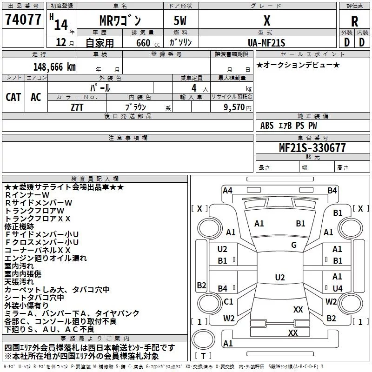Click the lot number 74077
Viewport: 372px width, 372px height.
[x=23, y=20]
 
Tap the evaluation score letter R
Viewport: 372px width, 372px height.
[x=354, y=21]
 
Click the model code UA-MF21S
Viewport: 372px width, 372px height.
[x=266, y=42]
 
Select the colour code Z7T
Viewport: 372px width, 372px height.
[x=77, y=106]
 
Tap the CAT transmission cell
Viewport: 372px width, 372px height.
[x=13, y=97]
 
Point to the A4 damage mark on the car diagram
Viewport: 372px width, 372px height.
[x=227, y=190]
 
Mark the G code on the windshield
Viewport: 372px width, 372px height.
[x=293, y=245]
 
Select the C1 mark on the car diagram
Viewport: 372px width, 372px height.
[x=228, y=302]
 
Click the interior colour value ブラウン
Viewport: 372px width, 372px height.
[x=137, y=106]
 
